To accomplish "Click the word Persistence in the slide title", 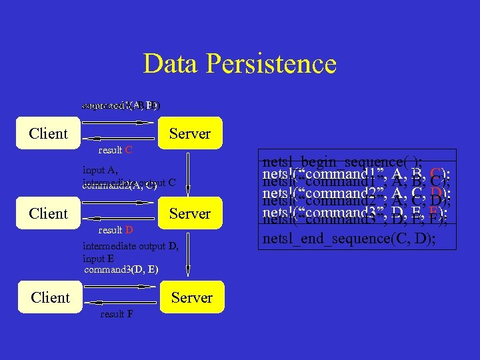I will [271, 64].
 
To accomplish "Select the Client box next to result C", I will [49, 133].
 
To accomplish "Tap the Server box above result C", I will [189, 133].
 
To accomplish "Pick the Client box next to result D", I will [49, 213].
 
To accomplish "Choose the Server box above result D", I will [189, 213].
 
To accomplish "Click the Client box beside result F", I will [50, 297].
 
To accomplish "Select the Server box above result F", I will [191, 297].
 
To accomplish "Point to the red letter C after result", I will [128, 150].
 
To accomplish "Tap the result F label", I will [116, 314].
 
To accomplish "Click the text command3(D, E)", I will [121, 269].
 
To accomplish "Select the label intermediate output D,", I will [130, 247].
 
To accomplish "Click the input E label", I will [98, 258].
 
